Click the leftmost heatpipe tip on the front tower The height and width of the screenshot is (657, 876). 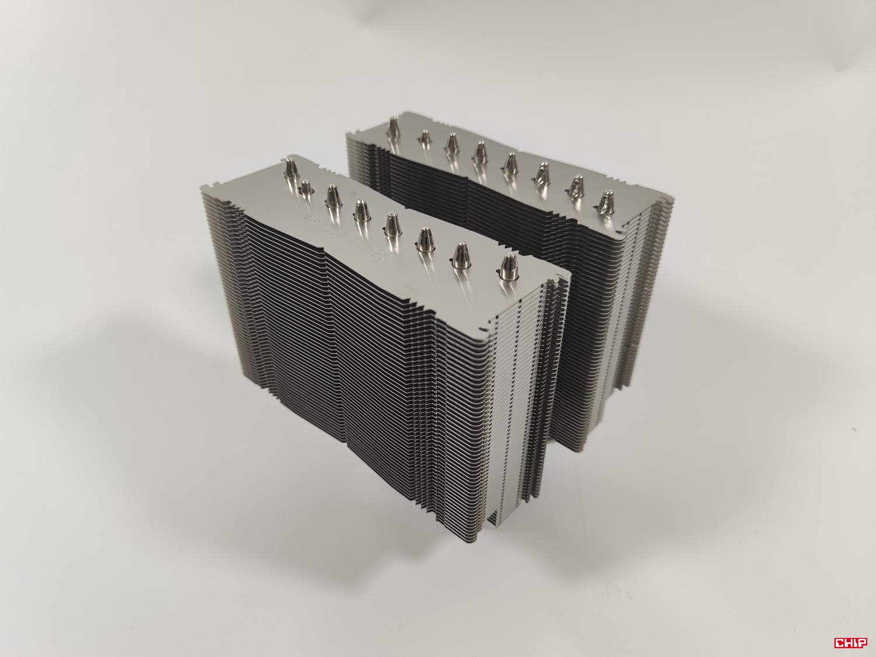coord(290,171)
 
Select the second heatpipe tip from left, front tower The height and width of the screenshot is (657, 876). coord(305,187)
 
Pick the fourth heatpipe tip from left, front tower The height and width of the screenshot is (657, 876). coord(359,208)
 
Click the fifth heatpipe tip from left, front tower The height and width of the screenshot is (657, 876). coord(391,223)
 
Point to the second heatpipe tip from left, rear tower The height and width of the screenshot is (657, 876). coord(423,137)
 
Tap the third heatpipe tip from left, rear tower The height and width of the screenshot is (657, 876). coord(450,144)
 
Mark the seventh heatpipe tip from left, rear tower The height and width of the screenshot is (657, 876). coord(576,186)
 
